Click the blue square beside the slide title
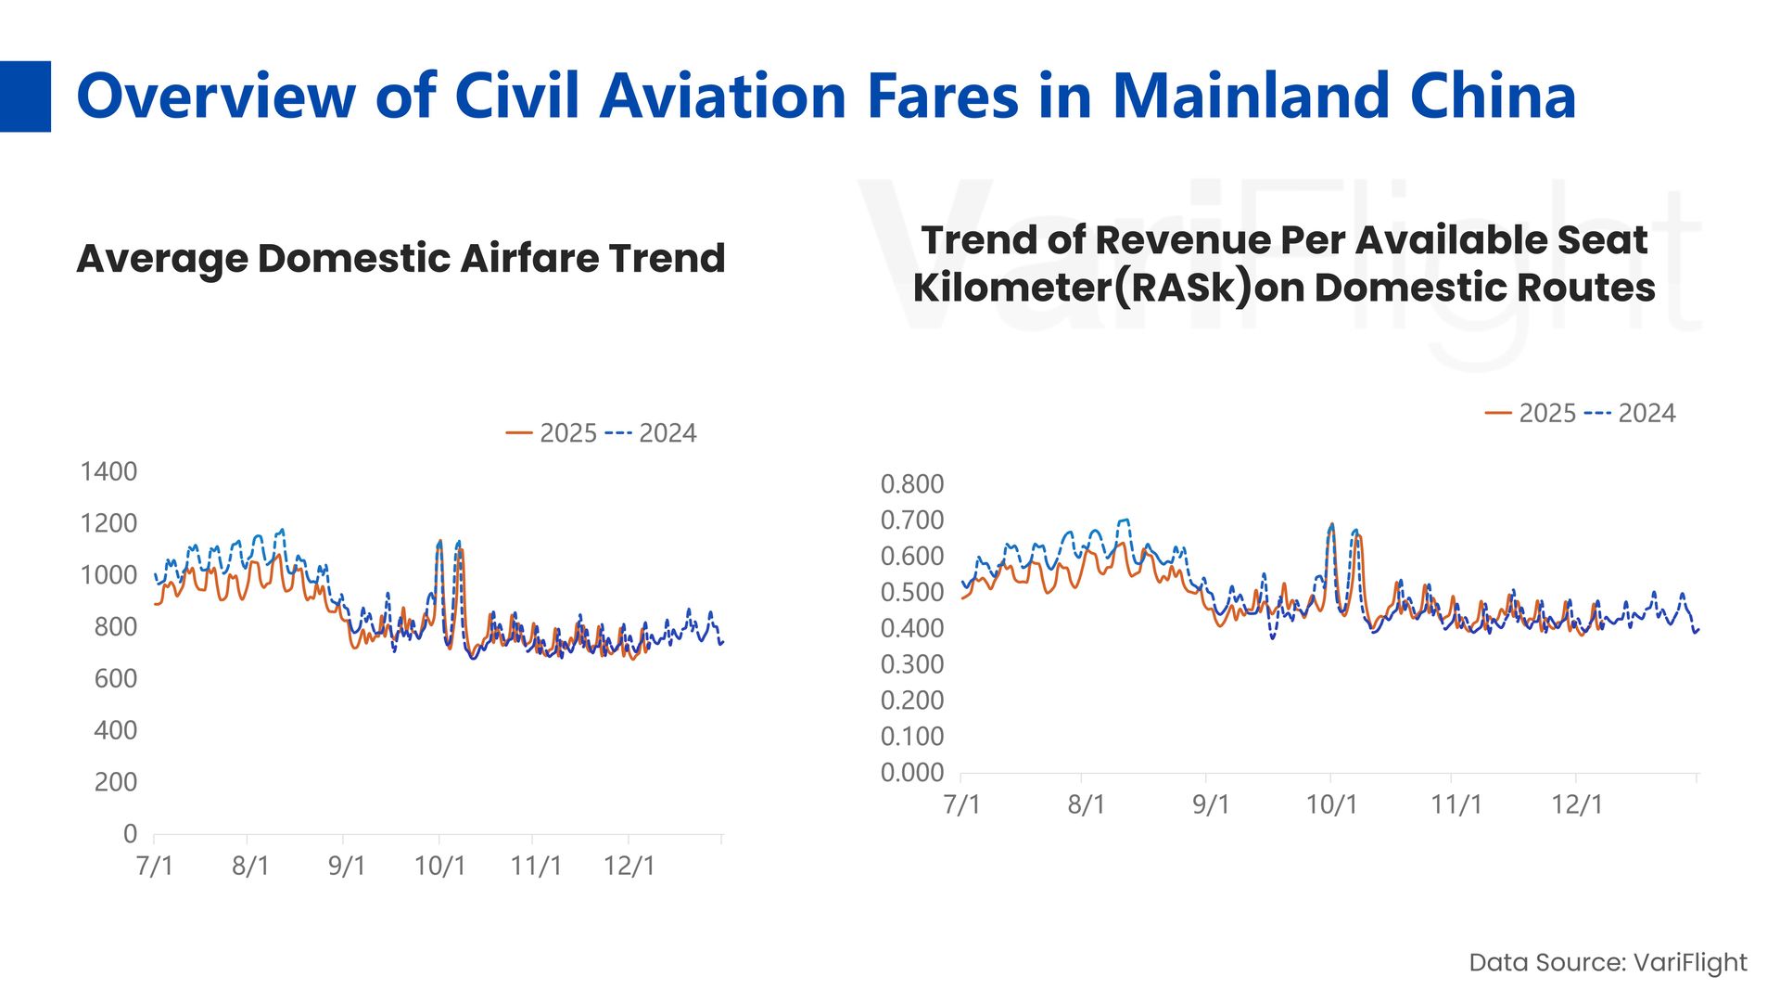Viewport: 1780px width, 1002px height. [x=25, y=96]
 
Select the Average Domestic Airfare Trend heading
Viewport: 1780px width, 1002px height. [x=400, y=258]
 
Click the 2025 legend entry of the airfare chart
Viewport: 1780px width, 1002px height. [x=553, y=433]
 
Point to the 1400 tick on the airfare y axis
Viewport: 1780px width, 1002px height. [x=108, y=471]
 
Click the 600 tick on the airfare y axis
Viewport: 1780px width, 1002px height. [x=115, y=678]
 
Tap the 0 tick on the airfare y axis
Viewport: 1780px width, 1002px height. [x=130, y=833]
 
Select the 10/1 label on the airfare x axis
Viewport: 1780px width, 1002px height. [x=439, y=866]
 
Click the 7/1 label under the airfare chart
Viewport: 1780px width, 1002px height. [x=154, y=866]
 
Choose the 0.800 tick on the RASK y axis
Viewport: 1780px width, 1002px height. [x=911, y=483]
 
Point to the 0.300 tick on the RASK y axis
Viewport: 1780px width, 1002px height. [x=911, y=664]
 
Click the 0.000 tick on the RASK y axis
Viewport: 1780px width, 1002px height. [x=911, y=772]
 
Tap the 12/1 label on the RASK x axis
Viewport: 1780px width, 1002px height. [x=1576, y=804]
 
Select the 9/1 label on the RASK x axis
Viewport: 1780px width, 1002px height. [x=1210, y=804]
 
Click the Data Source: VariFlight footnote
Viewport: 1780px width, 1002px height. [x=1608, y=962]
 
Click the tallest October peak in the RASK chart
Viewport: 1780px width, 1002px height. [x=1332, y=524]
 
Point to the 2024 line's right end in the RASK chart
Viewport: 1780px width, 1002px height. [x=1697, y=629]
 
